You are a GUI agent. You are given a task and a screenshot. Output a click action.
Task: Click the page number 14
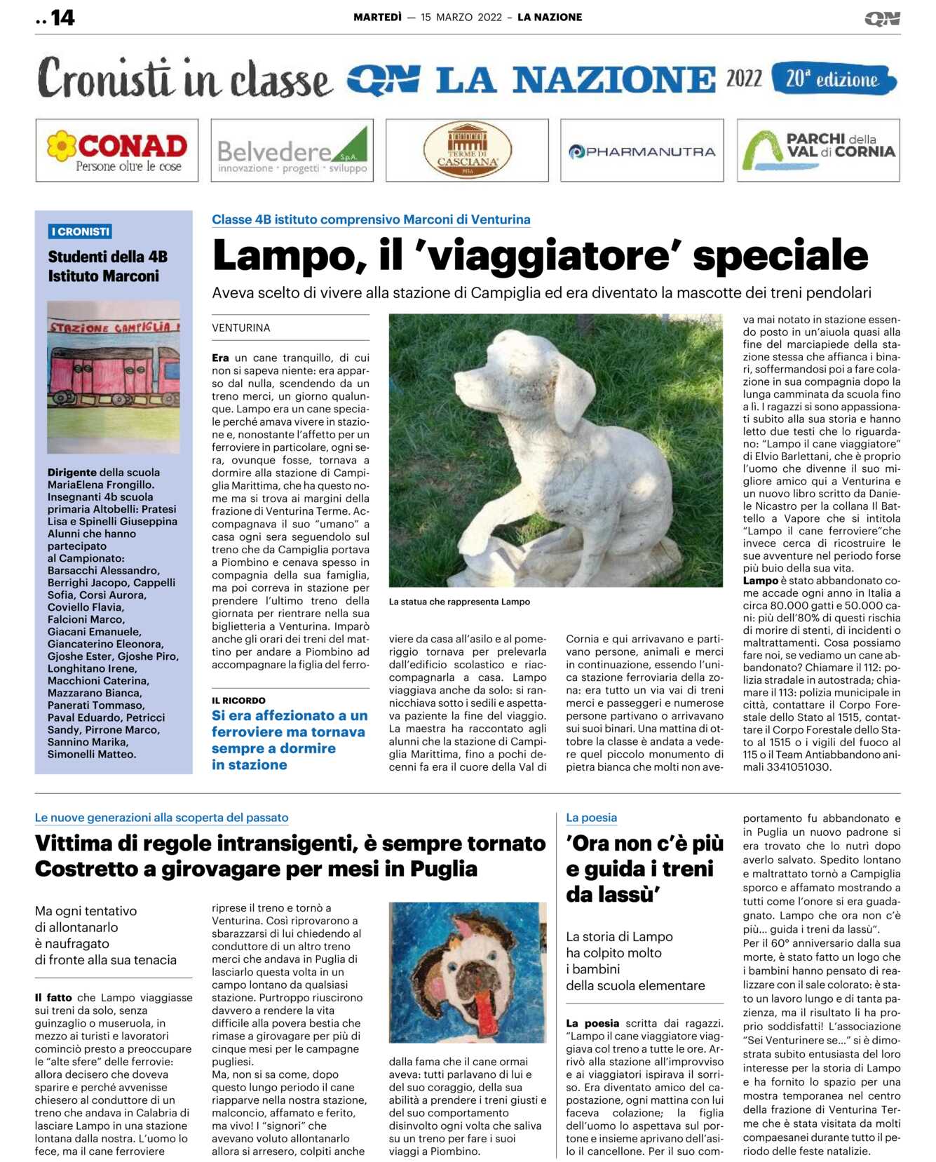click(x=62, y=18)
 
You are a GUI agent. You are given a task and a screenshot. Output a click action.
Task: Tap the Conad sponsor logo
click(x=116, y=150)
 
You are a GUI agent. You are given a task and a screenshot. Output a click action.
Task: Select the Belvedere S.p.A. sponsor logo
click(x=292, y=150)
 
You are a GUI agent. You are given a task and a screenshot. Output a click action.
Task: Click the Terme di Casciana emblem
click(x=467, y=150)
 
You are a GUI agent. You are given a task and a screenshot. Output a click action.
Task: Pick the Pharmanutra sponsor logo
click(x=642, y=151)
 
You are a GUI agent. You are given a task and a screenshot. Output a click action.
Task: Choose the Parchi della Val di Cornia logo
click(x=818, y=150)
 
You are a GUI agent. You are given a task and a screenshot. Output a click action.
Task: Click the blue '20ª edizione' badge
click(x=833, y=79)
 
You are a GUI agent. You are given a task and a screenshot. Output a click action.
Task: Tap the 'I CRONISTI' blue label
click(x=81, y=231)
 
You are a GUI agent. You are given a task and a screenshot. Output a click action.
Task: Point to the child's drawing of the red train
click(x=113, y=377)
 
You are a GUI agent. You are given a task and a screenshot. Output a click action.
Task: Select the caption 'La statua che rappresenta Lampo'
click(x=459, y=602)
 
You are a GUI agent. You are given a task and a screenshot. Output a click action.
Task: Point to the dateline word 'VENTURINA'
click(x=241, y=328)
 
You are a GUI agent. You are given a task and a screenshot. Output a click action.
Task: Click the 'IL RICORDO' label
click(x=238, y=701)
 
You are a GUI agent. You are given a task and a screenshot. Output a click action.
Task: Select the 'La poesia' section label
click(x=591, y=818)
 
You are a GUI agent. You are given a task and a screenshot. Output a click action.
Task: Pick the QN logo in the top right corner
click(x=882, y=18)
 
